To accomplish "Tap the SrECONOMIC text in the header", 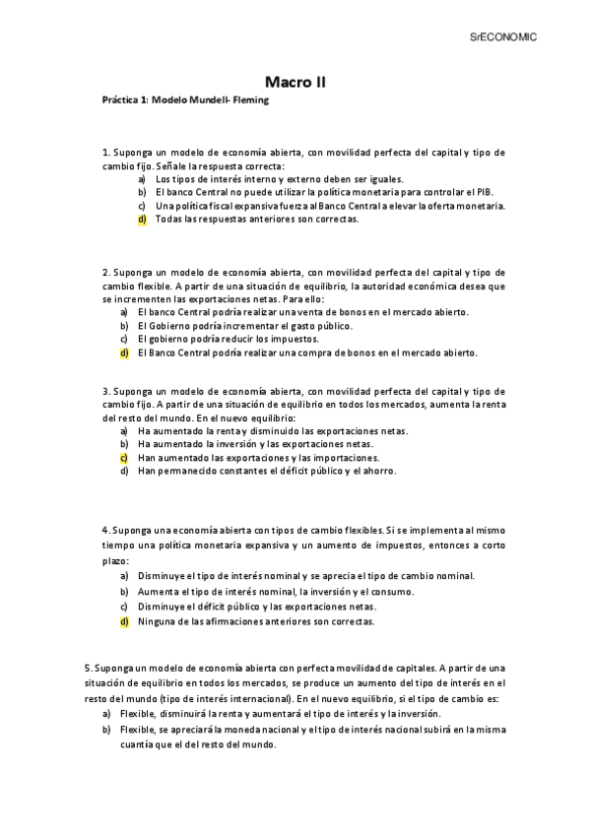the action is tap(502, 36).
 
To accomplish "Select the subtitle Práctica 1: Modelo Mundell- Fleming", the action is tap(185, 100).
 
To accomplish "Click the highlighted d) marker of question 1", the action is tap(142, 219).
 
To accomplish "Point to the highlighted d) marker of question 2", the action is tap(124, 352).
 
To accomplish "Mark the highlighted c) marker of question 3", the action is tap(124, 457).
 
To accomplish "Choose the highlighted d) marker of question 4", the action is tap(124, 621).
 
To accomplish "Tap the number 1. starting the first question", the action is tap(106, 153).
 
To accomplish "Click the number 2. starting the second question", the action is tap(106, 272).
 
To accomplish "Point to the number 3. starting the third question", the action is tap(106, 391).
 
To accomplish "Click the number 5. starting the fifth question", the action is tap(89, 667).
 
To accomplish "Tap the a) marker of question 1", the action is tap(142, 179).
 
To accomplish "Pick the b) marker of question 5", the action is tap(106, 730).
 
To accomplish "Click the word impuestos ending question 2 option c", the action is tap(297, 339).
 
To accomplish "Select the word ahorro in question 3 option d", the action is tap(377, 471).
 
